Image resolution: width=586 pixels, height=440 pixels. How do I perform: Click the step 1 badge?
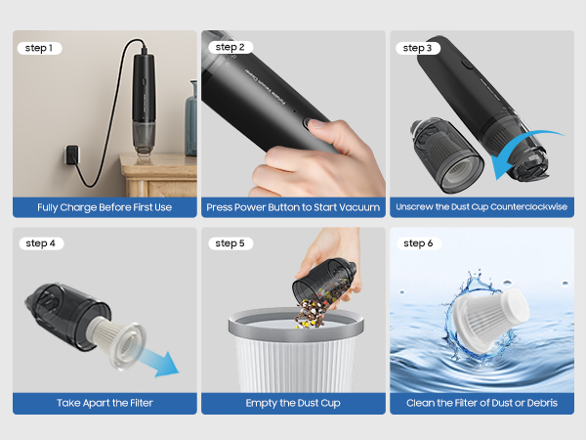pos(40,48)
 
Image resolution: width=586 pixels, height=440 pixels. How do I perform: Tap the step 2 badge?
pos(229,47)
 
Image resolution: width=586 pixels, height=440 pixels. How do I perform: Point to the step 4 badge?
pos(40,243)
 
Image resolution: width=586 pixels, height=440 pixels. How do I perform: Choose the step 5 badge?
pos(229,243)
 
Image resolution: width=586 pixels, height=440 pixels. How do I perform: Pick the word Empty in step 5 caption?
pos(264,403)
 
